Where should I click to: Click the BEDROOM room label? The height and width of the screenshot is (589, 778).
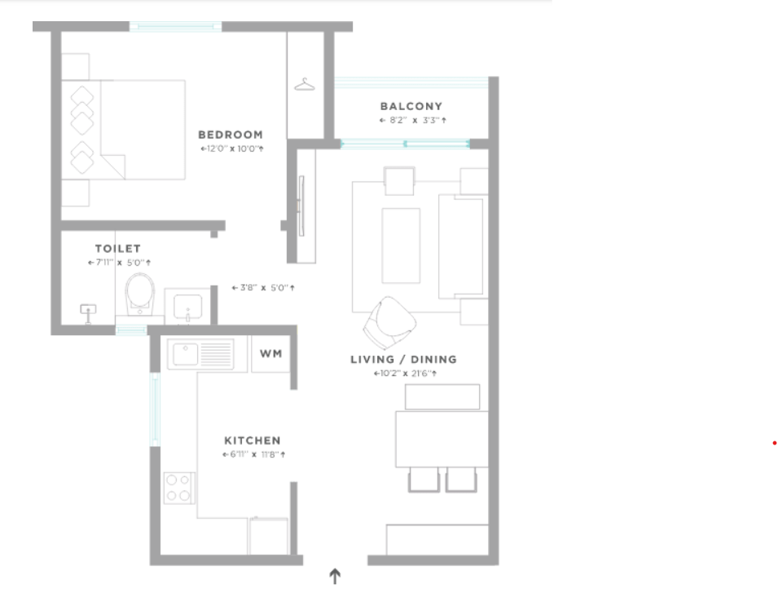click(231, 135)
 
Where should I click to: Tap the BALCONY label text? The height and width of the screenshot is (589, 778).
click(411, 106)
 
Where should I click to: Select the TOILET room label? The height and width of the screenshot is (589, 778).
click(118, 249)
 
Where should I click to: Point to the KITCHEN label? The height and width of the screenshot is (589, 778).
click(253, 441)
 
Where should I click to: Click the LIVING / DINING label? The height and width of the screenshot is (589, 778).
click(403, 360)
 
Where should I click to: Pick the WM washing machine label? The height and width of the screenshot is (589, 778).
click(271, 353)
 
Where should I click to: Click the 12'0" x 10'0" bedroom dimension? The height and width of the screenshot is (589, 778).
click(231, 148)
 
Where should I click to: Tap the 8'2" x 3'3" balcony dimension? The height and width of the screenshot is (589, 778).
click(413, 120)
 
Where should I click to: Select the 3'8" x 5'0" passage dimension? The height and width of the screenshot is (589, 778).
click(263, 287)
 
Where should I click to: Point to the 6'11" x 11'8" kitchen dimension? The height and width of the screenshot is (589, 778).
click(254, 454)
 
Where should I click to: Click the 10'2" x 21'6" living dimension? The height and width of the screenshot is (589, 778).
click(406, 374)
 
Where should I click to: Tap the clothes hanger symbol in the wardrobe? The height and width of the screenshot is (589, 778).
click(305, 85)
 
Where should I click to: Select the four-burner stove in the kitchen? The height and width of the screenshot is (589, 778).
click(179, 488)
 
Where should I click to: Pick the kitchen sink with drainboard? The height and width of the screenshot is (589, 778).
click(200, 354)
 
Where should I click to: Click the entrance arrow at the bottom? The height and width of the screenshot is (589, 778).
click(335, 577)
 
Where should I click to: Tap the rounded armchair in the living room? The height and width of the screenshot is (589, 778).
click(390, 323)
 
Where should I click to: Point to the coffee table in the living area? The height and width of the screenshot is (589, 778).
click(401, 246)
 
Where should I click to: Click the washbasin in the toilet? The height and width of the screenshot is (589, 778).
click(187, 307)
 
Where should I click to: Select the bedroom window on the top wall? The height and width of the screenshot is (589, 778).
click(176, 26)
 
